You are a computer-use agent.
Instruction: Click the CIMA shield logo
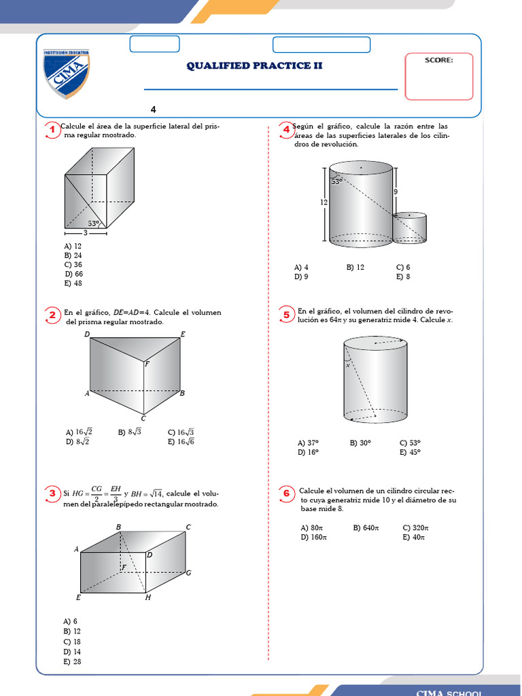click(66, 73)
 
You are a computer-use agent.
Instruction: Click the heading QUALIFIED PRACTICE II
click(254, 66)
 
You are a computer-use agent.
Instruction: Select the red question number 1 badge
click(52, 130)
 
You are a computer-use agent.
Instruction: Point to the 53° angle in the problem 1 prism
click(94, 223)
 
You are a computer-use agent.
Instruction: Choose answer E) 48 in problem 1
click(73, 283)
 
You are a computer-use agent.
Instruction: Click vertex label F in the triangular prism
click(147, 364)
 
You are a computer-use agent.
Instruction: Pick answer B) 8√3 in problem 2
click(129, 432)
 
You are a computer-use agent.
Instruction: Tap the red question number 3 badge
click(52, 494)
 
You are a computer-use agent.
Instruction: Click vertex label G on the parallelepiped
click(188, 573)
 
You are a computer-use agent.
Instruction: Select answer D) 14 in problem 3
click(72, 651)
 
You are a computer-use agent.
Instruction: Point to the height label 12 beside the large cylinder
click(324, 202)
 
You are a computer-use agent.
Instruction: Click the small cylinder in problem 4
click(410, 227)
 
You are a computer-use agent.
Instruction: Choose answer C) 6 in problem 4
click(403, 267)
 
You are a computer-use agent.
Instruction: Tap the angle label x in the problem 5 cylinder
click(347, 365)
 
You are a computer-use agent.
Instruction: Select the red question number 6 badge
click(286, 493)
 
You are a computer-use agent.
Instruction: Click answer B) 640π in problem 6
click(366, 527)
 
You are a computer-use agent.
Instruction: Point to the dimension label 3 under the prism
click(86, 233)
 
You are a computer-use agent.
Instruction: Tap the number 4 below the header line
click(153, 109)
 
